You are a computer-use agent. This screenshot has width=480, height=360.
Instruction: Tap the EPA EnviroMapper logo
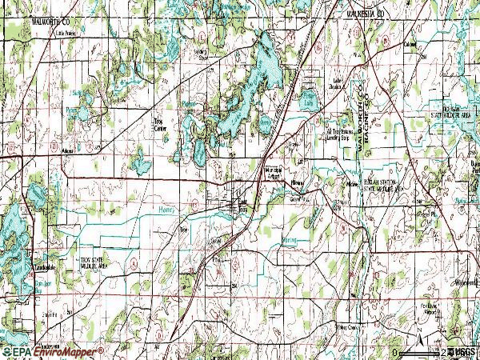point(52,351)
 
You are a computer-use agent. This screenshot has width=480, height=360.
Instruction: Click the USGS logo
point(463,352)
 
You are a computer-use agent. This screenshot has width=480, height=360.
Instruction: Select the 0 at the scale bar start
point(395,352)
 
